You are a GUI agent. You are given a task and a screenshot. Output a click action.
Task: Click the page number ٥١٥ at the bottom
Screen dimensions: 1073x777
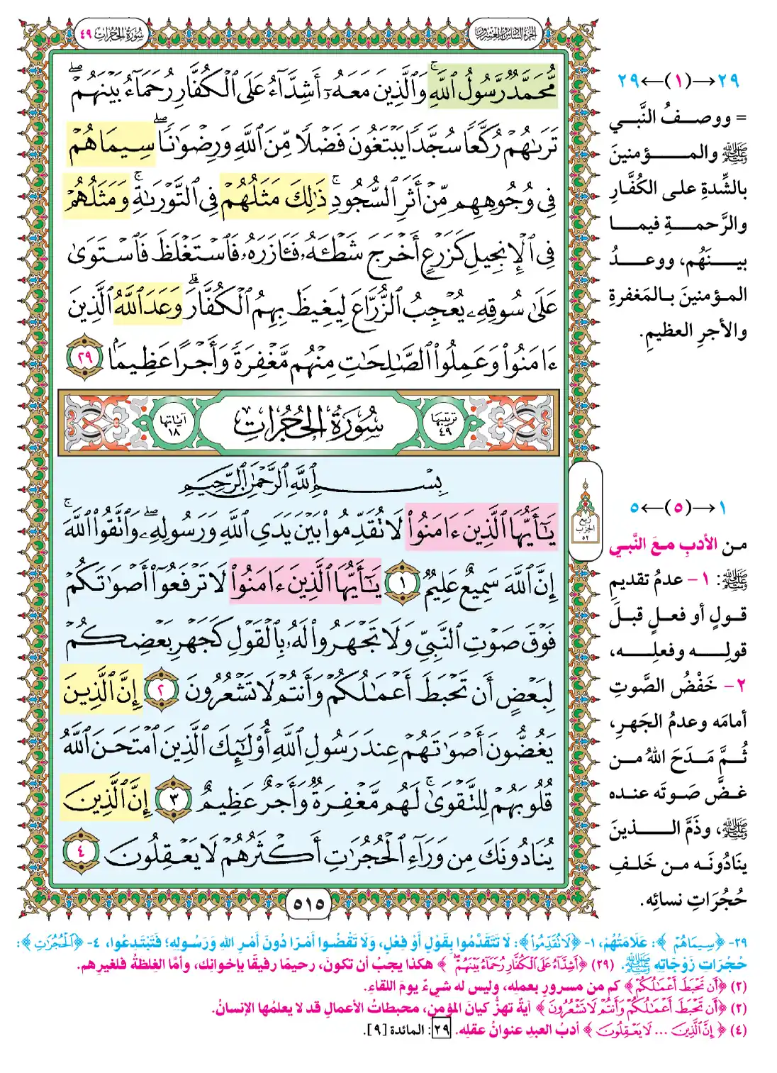(x=308, y=904)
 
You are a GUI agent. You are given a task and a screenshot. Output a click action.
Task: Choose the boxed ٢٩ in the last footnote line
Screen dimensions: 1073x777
(x=442, y=1029)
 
